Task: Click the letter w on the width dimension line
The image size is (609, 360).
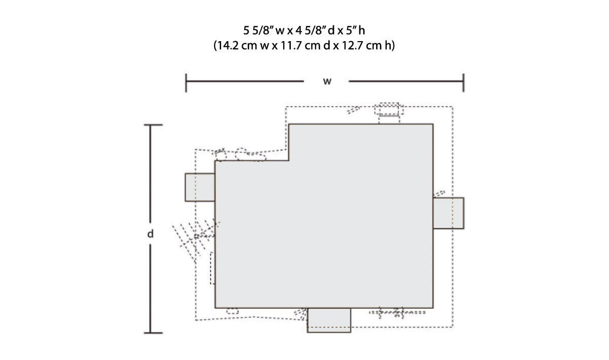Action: (x=327, y=81)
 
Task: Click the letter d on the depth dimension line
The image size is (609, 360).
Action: (x=150, y=234)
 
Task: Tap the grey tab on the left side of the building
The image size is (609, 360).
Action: (x=200, y=187)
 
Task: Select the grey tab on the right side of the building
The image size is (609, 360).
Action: (x=448, y=213)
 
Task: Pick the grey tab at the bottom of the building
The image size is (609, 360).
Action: (x=329, y=320)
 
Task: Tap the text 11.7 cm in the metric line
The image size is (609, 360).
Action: (x=299, y=45)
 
